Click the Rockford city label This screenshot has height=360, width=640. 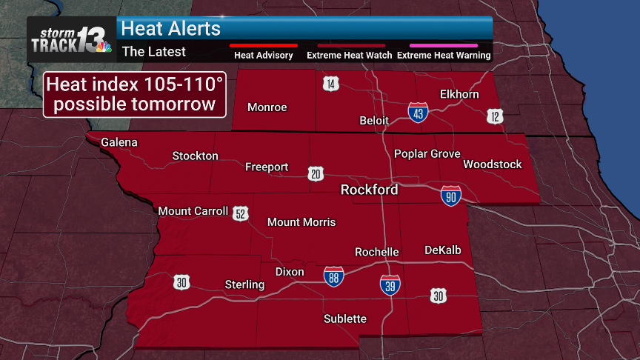pos(369,190)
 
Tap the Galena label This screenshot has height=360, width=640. pos(119,142)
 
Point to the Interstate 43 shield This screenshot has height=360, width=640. pos(417,113)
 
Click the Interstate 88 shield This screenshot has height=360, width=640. pos(333,277)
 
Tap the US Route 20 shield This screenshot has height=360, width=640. pos(316,173)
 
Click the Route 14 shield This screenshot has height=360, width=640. pos(331,83)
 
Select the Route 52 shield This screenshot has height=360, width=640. pos(240,213)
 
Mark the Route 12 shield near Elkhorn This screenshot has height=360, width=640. pos(495,116)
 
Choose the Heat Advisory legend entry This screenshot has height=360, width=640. pos(264,55)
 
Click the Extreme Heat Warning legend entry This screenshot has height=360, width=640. pos(444,55)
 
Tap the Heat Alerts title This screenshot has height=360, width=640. pos(171,28)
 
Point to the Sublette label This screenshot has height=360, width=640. pos(345,319)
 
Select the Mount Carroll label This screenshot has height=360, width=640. pos(193,211)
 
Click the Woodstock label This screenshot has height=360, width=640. pos(493,164)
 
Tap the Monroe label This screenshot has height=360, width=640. pos(267,107)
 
